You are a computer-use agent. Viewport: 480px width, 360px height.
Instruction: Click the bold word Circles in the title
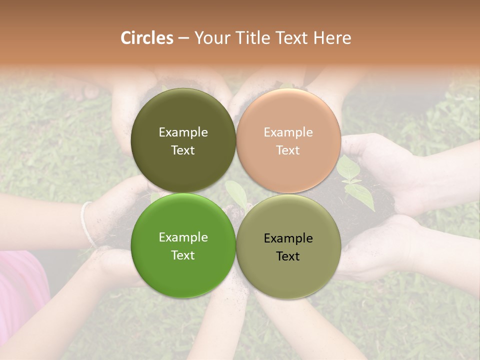click(x=147, y=38)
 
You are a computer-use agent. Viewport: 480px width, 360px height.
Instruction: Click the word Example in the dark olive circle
click(x=183, y=132)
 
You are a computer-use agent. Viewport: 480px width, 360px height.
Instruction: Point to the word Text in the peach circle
click(x=288, y=150)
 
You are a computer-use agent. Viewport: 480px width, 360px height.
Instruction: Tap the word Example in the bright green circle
click(x=183, y=237)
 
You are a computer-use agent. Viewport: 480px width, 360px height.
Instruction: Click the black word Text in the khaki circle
click(x=288, y=256)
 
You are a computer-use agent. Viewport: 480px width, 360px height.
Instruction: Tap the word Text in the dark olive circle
click(x=183, y=150)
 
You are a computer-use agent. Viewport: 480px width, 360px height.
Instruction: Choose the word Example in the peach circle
click(x=288, y=132)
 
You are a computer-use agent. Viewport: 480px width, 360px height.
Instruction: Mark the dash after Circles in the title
click(x=183, y=38)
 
